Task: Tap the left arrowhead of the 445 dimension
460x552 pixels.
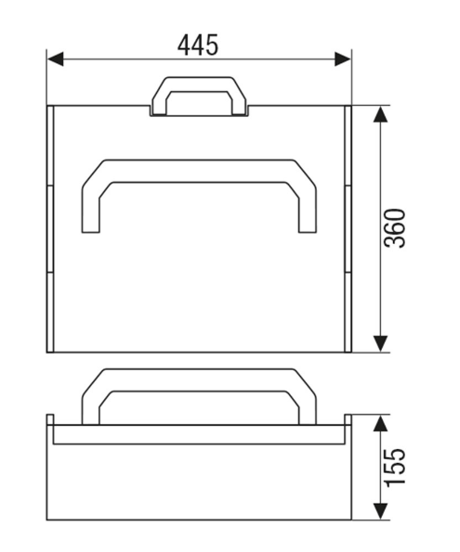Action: click(x=55, y=59)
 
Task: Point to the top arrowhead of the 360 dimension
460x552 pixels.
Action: click(x=380, y=113)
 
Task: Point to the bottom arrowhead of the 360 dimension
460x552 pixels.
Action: click(x=380, y=344)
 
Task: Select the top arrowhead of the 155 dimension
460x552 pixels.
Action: click(x=380, y=423)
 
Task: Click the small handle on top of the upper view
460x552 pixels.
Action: click(x=200, y=86)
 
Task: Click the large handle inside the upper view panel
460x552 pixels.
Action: click(x=199, y=170)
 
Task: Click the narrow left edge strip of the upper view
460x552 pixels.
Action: click(x=49, y=228)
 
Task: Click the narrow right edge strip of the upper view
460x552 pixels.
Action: click(x=348, y=228)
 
